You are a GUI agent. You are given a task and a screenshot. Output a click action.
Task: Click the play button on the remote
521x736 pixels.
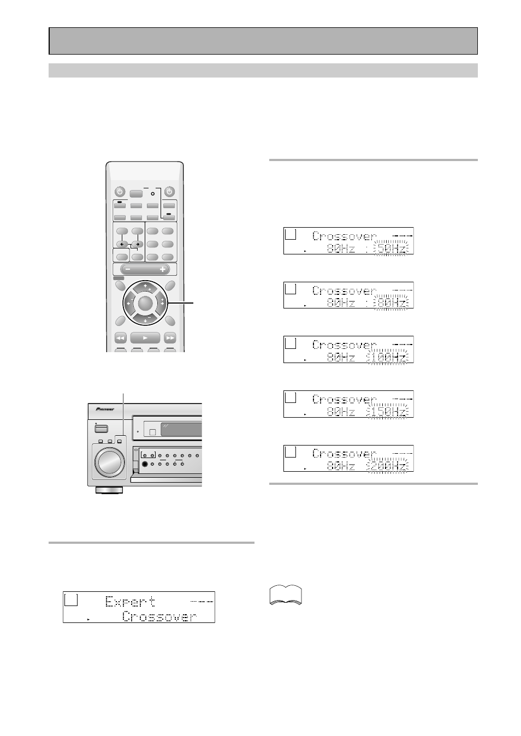[145, 338]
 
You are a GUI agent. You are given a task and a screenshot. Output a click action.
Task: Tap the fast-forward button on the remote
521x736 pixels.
[170, 338]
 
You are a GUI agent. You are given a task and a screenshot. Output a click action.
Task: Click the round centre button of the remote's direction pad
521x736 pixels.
[145, 302]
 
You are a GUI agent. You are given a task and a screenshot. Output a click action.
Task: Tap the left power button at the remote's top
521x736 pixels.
[120, 192]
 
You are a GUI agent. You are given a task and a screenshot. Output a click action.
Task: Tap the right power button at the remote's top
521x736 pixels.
[169, 192]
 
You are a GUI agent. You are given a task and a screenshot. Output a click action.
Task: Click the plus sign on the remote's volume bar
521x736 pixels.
[162, 269]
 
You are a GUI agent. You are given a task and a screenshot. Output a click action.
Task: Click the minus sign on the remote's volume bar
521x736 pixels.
[127, 269]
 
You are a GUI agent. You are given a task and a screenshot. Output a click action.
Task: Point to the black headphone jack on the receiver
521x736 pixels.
[145, 465]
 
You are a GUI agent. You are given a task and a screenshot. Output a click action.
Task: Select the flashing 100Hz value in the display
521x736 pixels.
[388, 358]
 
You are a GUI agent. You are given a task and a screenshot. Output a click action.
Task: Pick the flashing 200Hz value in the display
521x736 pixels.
[388, 466]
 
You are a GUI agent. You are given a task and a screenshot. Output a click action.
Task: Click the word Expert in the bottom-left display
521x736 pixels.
[130, 602]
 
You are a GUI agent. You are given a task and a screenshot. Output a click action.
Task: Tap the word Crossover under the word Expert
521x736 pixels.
[159, 616]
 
